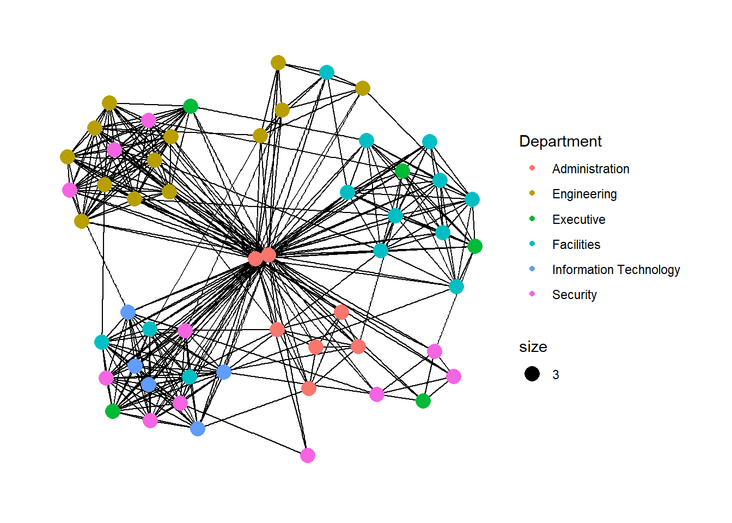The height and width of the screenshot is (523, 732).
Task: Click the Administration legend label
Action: point(590,169)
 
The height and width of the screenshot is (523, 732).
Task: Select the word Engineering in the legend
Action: point(584,194)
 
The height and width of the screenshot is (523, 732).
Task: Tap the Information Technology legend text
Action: point(615,270)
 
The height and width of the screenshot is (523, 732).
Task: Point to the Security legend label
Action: point(574,295)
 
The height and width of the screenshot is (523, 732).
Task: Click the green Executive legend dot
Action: point(532,219)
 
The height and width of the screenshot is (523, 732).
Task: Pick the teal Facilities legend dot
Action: point(532,244)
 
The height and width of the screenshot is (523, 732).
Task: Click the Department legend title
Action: point(560,142)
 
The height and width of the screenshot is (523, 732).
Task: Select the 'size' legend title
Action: point(533,347)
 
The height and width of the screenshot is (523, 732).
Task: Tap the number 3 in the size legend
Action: point(556,375)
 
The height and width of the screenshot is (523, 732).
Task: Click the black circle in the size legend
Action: point(532,374)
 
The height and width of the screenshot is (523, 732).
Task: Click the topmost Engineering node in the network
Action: point(278,63)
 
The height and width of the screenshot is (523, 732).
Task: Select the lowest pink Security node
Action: point(308,455)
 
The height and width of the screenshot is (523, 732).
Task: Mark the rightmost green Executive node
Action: point(475,246)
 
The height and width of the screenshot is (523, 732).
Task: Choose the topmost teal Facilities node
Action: point(327,72)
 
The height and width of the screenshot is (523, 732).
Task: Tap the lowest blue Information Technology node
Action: point(198,429)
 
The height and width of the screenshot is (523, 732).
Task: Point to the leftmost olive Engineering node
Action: point(68,157)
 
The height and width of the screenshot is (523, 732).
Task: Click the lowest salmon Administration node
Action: point(309,388)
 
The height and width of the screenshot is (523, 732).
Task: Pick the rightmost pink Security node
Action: point(454,376)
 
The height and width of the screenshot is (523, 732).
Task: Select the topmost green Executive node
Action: point(191,106)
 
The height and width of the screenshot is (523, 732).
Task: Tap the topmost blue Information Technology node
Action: point(128,312)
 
